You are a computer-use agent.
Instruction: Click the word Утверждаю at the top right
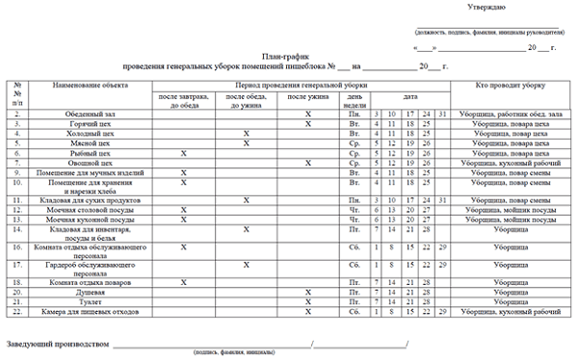(x=486, y=8)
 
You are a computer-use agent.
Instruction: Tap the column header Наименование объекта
(x=92, y=87)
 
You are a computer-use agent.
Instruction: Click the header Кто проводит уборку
(x=512, y=87)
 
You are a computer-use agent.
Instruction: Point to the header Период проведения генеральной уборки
(x=300, y=87)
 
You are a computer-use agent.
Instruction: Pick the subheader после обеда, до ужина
(x=247, y=100)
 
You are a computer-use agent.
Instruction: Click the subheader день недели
(x=355, y=100)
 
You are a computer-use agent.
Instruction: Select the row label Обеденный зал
(x=92, y=115)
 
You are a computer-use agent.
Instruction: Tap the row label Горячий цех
(x=92, y=124)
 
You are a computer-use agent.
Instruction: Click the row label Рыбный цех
(x=92, y=153)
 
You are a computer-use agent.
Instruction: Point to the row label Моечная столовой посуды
(x=92, y=210)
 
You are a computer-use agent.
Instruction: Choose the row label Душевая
(x=92, y=292)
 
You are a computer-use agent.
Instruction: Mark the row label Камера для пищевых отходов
(x=92, y=312)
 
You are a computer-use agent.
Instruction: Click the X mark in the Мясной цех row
(x=247, y=143)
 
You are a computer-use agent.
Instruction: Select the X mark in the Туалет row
(x=308, y=302)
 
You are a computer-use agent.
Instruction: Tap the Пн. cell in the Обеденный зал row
(x=355, y=115)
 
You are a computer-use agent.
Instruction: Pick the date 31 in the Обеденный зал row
(x=444, y=115)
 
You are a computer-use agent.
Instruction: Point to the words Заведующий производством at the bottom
(x=57, y=343)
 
